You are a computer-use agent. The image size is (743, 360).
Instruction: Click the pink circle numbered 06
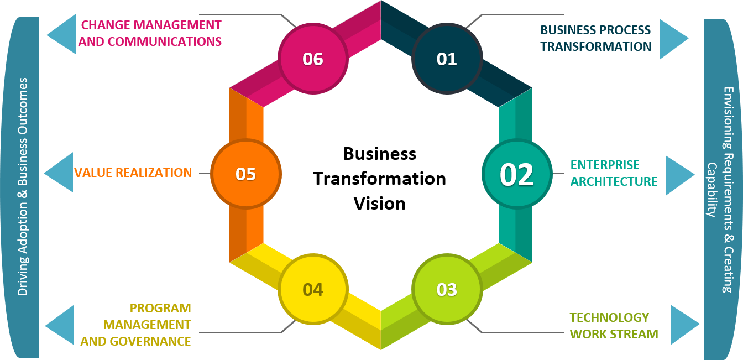click(x=313, y=58)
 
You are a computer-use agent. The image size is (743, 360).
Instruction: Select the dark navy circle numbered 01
click(x=447, y=58)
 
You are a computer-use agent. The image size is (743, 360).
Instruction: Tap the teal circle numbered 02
click(x=517, y=174)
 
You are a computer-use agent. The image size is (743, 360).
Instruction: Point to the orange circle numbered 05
click(x=246, y=174)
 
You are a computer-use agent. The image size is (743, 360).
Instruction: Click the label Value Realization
click(x=133, y=173)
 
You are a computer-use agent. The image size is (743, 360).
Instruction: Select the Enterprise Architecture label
click(x=614, y=173)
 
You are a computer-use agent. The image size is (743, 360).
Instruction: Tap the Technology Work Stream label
click(x=614, y=326)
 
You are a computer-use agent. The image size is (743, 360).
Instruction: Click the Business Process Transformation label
click(x=595, y=38)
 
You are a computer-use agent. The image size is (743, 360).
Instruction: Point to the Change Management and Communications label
click(x=150, y=33)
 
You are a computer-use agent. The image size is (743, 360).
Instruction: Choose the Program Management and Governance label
click(x=135, y=325)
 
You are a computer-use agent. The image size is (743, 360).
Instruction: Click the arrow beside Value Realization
click(x=59, y=173)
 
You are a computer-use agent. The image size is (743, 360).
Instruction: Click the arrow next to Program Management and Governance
click(x=60, y=325)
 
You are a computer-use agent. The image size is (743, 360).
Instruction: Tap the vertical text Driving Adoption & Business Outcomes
click(x=23, y=186)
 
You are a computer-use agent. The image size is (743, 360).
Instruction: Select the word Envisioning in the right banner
click(x=728, y=116)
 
